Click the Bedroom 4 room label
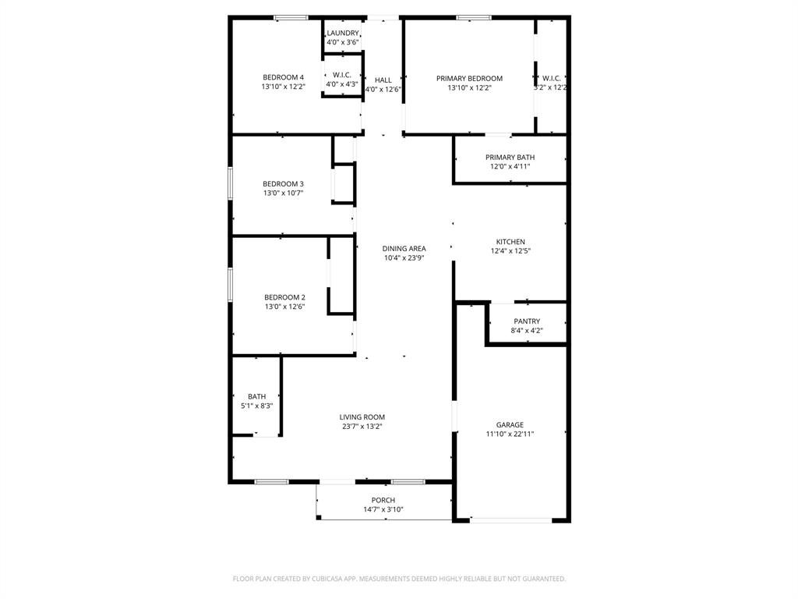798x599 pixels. point(283,77)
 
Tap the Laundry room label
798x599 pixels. point(343,33)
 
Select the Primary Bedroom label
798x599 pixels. point(469,78)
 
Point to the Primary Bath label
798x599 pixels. point(510,158)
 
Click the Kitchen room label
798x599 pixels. point(510,242)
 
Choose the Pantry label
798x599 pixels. point(527,321)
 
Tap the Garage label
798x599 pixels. point(510,425)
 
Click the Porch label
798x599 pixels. point(383,501)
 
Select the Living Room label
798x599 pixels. point(362,417)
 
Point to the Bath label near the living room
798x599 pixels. point(256,397)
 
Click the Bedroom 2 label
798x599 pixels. point(284,297)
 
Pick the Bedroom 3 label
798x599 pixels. point(283,184)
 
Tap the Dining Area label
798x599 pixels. point(404,249)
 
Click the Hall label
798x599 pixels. point(383,80)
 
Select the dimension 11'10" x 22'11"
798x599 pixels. point(510,434)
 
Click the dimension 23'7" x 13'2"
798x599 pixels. point(362,427)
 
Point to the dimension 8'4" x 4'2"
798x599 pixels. point(527,331)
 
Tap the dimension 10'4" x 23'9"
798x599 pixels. point(404,258)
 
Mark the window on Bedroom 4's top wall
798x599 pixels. point(291,17)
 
